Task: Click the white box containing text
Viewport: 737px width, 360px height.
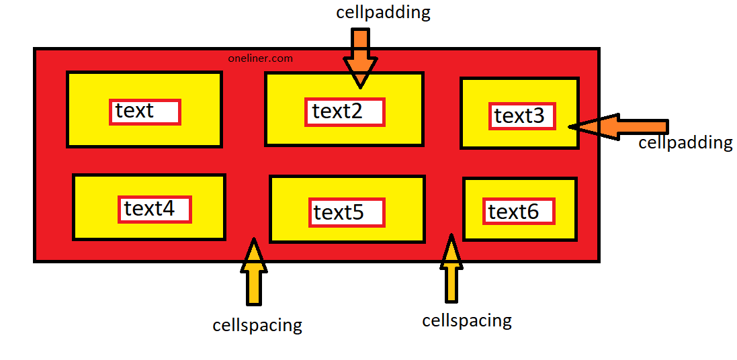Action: tap(145, 111)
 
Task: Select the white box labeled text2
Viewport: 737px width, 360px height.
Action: tap(345, 112)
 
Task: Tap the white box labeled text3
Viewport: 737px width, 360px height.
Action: tap(522, 116)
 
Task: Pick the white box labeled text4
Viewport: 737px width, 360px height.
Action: tap(155, 210)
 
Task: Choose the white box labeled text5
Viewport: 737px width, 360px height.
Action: tap(346, 212)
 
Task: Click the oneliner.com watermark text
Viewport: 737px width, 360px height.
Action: tap(261, 58)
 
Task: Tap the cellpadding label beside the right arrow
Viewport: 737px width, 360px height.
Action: tap(685, 143)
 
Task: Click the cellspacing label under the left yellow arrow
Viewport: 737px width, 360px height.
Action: tap(257, 326)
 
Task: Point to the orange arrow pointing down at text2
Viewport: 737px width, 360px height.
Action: tap(360, 57)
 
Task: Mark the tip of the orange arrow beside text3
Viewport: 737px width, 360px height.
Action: tap(571, 126)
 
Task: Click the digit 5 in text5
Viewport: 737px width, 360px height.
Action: tap(357, 213)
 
